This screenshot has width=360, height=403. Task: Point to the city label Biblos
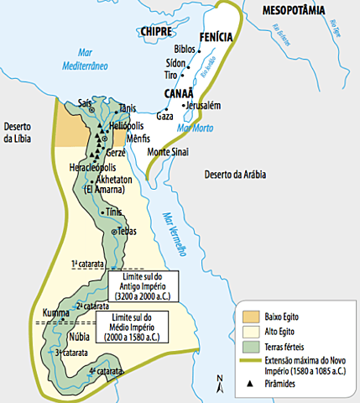pyautogui.click(x=186, y=50)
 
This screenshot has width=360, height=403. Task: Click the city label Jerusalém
pyautogui.click(x=201, y=106)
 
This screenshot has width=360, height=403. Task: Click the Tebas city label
pyautogui.click(x=127, y=230)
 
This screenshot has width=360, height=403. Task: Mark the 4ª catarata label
pyautogui.click(x=102, y=370)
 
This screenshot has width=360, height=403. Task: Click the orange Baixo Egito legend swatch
pyautogui.click(x=252, y=317)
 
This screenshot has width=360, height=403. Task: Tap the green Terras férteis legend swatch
pyautogui.click(x=252, y=346)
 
